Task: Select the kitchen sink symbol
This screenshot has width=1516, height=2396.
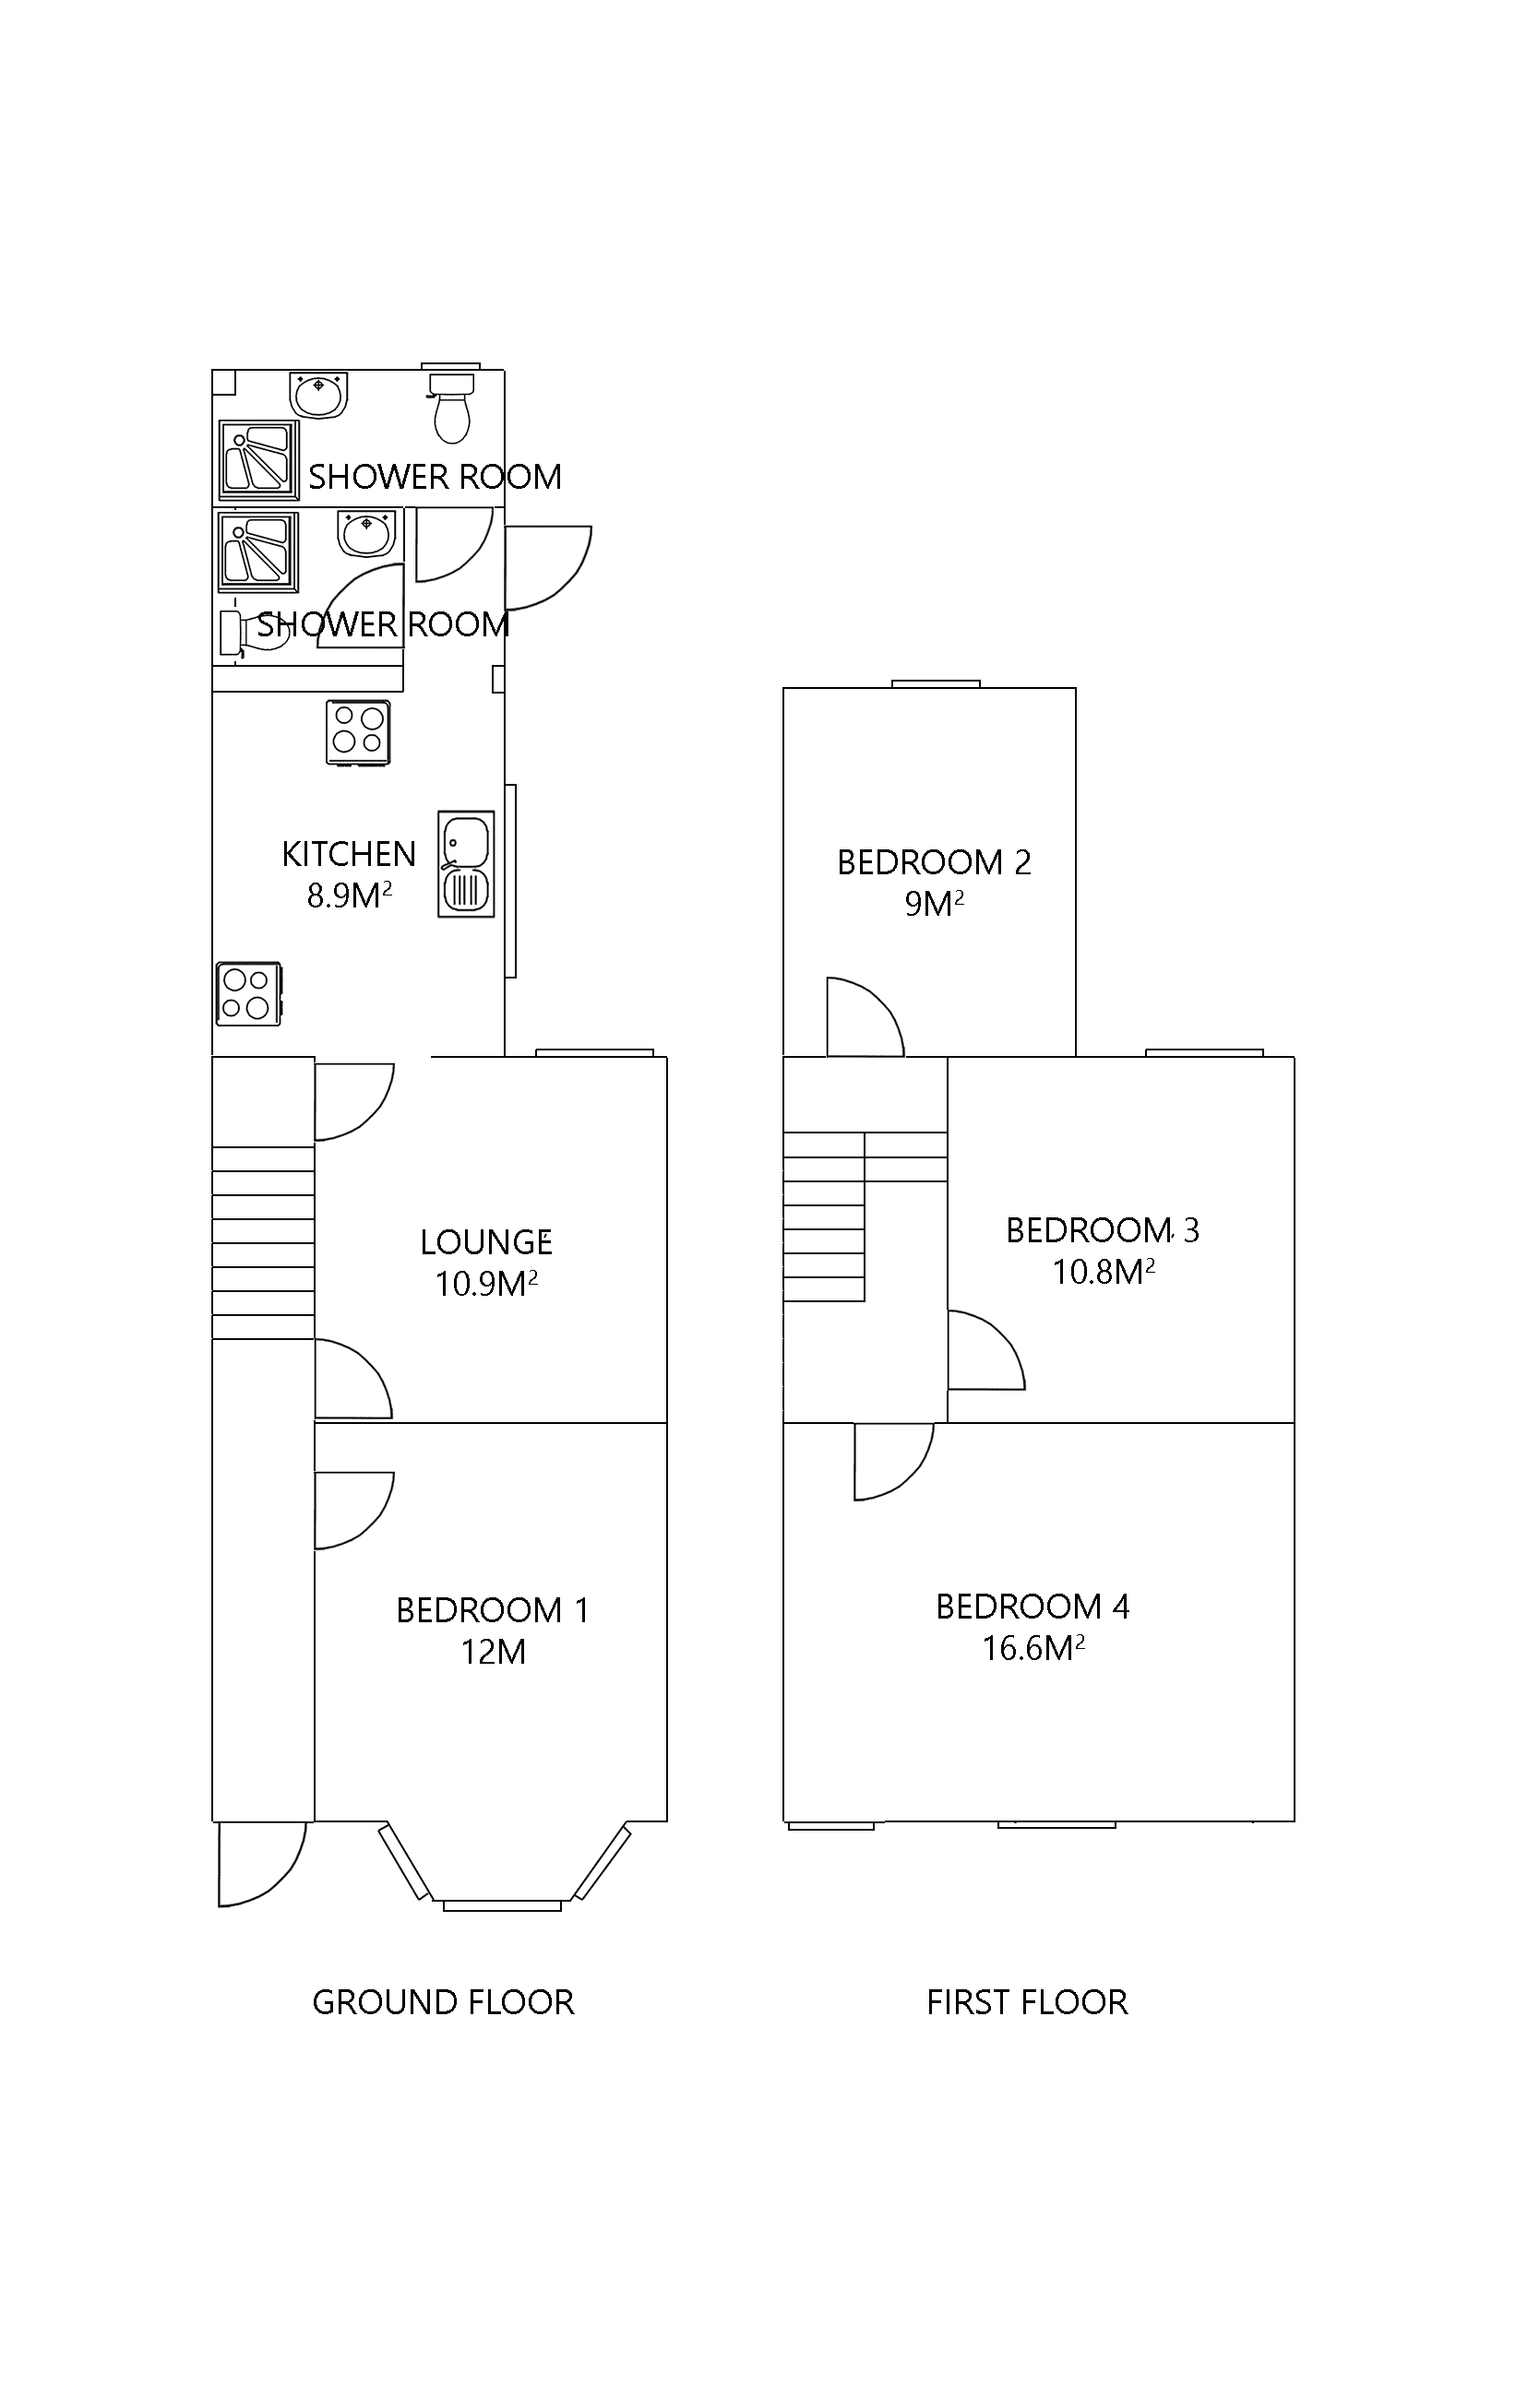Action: (x=466, y=863)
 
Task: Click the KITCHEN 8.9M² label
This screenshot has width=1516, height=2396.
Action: (x=349, y=874)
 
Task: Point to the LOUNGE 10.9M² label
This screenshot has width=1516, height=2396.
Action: (x=485, y=1262)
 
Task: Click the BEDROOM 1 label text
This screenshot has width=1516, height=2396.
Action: (x=492, y=1609)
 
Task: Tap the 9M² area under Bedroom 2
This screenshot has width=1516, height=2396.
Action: (x=934, y=904)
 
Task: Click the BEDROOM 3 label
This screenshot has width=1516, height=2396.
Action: (x=1102, y=1230)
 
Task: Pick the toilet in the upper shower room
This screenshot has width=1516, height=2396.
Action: (x=452, y=408)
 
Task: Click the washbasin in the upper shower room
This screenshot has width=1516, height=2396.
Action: (x=318, y=394)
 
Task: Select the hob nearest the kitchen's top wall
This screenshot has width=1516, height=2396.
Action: (x=358, y=732)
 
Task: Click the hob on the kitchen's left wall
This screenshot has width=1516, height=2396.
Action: (x=248, y=993)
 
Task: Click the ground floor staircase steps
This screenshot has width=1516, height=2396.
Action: (x=263, y=1241)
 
